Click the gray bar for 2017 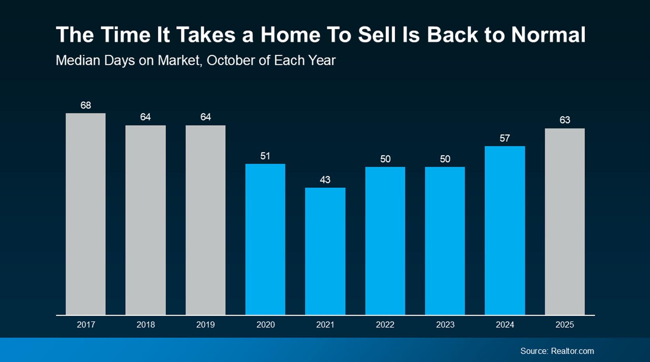tap(86, 214)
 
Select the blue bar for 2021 tap(325, 251)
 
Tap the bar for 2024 tap(505, 230)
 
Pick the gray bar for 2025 tap(565, 221)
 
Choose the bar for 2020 tap(265, 239)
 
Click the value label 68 tap(86, 105)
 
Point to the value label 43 tap(325, 180)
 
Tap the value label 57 tap(505, 138)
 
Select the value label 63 tap(565, 120)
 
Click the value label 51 tap(265, 156)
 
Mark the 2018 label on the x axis tap(146, 325)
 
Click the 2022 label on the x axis tap(385, 325)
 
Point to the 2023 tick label tap(445, 325)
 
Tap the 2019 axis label tap(206, 325)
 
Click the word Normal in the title tap(548, 35)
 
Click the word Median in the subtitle tap(78, 60)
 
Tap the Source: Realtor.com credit tap(557, 351)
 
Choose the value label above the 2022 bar tap(385, 159)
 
